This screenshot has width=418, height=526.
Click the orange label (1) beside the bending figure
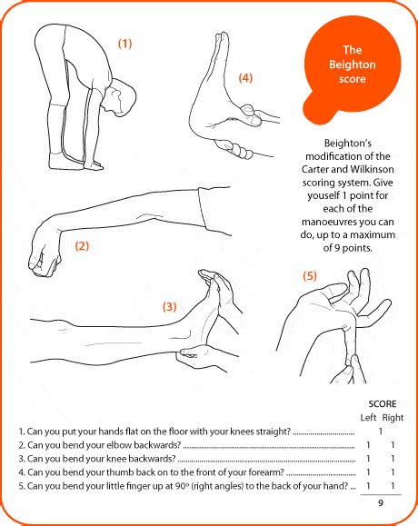(x=124, y=44)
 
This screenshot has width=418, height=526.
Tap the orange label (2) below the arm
(x=82, y=246)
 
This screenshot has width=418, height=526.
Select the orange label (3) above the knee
(x=169, y=307)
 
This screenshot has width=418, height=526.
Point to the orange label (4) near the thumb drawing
(x=245, y=78)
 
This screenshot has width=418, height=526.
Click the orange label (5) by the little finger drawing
(x=310, y=276)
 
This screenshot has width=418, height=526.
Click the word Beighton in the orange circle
(x=353, y=65)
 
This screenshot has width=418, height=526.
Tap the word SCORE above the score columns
(x=383, y=403)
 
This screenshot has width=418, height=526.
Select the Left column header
(x=368, y=418)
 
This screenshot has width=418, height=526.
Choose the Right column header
(x=393, y=418)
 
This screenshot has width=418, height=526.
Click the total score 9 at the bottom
(x=381, y=503)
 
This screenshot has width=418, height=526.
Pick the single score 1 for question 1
(x=381, y=431)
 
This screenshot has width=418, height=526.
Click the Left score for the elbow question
(x=368, y=445)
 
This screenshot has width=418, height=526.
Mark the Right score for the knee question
(x=393, y=459)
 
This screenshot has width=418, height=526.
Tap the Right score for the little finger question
(x=393, y=486)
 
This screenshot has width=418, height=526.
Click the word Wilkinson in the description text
(x=373, y=169)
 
